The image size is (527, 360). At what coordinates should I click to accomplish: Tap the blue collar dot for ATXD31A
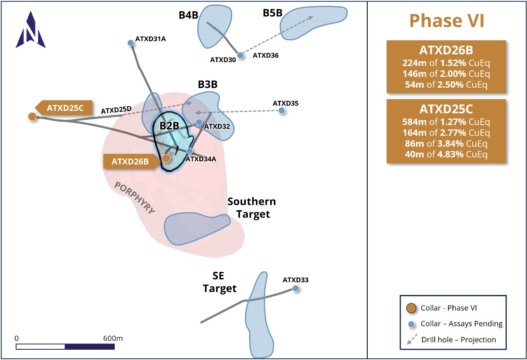[x=131, y=43]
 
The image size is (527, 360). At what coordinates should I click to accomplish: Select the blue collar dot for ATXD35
[x=282, y=111]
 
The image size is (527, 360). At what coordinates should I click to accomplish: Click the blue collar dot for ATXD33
[x=295, y=288]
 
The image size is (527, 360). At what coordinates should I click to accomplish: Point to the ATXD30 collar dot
[x=240, y=55]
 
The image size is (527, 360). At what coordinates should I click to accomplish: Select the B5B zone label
[x=273, y=13]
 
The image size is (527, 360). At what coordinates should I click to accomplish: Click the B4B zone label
[x=188, y=15]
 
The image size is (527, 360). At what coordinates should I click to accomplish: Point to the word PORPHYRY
[x=135, y=198]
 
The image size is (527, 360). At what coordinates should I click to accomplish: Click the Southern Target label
[x=252, y=208]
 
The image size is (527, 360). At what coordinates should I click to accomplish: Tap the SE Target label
[x=219, y=282]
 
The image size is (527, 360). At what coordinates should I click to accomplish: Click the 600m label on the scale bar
[x=113, y=338]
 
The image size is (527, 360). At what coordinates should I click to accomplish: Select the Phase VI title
[x=447, y=20]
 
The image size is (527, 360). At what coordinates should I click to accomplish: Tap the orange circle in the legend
[x=410, y=308]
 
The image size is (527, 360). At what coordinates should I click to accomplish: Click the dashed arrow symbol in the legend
[x=410, y=339]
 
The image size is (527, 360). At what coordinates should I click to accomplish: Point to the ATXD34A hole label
[x=201, y=159]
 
